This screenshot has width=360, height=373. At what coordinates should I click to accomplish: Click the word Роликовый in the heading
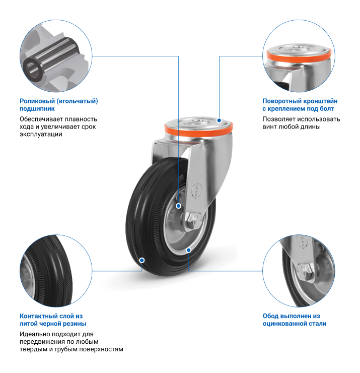37,101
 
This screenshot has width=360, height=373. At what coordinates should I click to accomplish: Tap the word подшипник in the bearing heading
37,109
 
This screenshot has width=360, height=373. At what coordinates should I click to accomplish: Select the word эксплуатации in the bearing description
41,134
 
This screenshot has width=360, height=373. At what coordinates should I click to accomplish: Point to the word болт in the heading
327,109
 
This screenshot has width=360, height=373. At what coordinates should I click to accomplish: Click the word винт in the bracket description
269,127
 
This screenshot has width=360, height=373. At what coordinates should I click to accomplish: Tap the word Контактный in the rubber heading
38,316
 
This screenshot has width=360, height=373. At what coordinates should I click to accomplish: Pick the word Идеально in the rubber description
35,334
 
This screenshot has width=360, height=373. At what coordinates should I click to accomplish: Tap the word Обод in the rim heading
270,316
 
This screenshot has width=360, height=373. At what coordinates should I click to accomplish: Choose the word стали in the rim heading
318,324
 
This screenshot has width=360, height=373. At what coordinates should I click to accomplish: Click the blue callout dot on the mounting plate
219,120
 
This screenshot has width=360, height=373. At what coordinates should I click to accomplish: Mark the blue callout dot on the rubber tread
142,260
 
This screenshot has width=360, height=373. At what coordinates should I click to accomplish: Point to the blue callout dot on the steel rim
189,250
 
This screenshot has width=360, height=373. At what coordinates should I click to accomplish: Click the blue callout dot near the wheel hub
178,206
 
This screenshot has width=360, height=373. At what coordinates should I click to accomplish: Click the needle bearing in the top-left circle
50,59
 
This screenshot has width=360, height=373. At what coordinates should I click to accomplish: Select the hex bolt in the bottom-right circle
305,272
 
